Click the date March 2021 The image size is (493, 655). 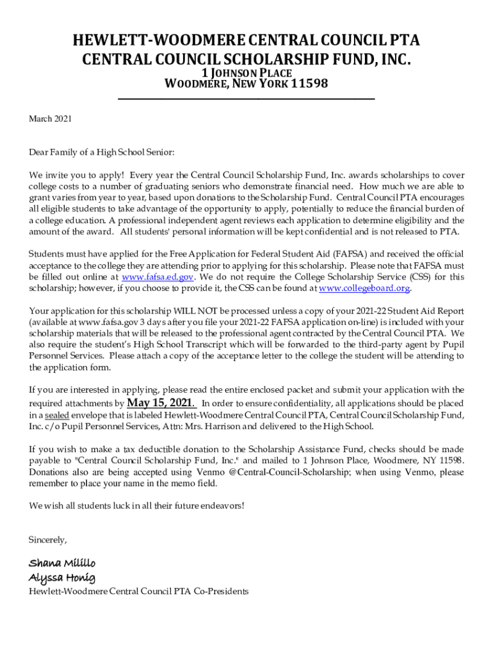tap(51, 118)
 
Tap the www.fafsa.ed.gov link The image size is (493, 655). tap(158, 277)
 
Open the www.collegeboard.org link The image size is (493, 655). tap(364, 288)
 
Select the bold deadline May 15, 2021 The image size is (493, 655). tap(161, 402)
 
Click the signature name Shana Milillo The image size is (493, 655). tap(62, 563)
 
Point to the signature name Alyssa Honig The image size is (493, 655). tap(62, 578)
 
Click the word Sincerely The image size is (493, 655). tap(48, 540)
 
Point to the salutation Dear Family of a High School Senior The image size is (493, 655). tap(101, 152)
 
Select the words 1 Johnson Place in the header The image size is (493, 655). tap(247, 72)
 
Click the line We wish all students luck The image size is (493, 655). tap(136, 506)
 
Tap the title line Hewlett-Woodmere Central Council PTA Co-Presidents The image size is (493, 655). tap(138, 592)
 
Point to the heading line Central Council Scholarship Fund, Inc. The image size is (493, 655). tap(247, 59)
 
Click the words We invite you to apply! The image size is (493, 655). tap(76, 175)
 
